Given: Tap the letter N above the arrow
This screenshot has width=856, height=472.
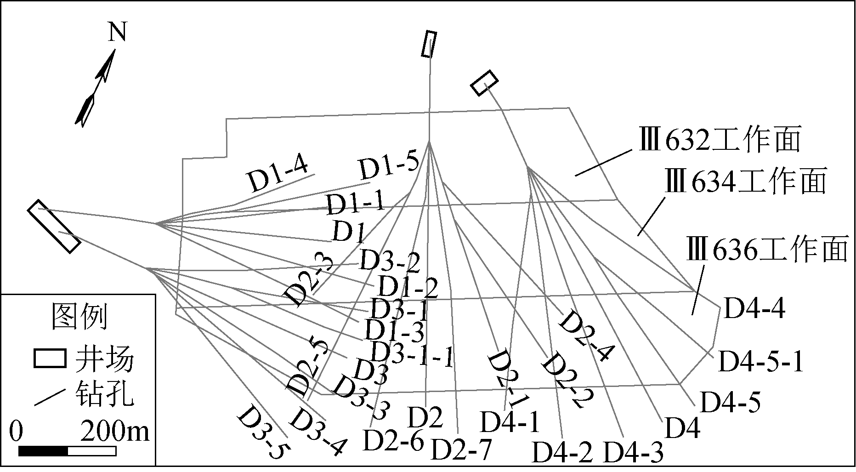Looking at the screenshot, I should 117,32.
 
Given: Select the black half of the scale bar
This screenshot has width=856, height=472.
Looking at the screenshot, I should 43,451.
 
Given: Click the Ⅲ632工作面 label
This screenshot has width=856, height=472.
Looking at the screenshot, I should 720,139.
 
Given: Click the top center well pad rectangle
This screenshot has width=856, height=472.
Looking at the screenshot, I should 429,44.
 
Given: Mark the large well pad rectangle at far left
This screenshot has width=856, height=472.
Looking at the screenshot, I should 54,226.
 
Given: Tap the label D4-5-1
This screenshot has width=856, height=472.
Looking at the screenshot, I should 761,362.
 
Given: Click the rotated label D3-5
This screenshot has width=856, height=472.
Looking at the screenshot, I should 263,432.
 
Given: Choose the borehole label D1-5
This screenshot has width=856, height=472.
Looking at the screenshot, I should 389,167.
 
